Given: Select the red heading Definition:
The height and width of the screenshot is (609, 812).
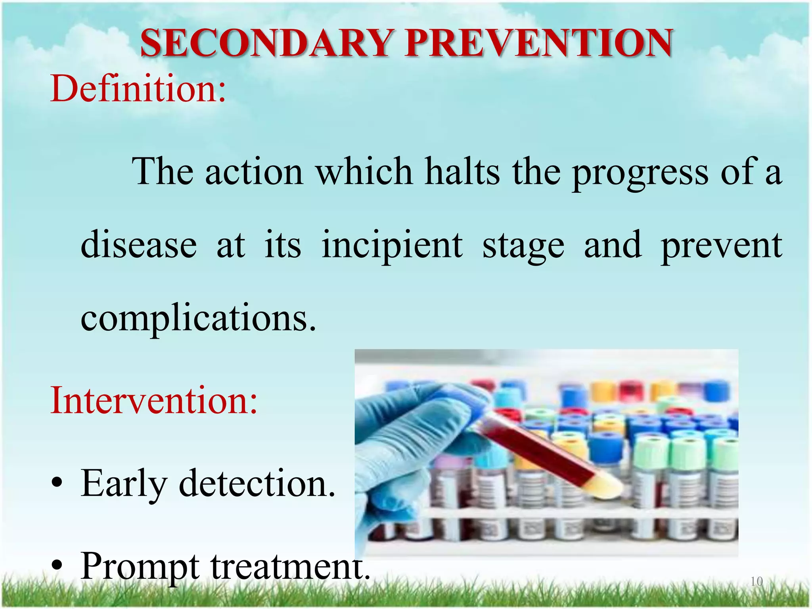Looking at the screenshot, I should point(138,89).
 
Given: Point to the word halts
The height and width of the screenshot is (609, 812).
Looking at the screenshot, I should point(462,171).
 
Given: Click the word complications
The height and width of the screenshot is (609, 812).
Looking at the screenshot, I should point(198,319).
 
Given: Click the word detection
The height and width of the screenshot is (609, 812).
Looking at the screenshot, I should point(257,484).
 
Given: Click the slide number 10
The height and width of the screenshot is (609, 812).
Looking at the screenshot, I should point(756,582).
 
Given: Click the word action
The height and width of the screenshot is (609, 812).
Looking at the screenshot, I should point(254,171).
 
